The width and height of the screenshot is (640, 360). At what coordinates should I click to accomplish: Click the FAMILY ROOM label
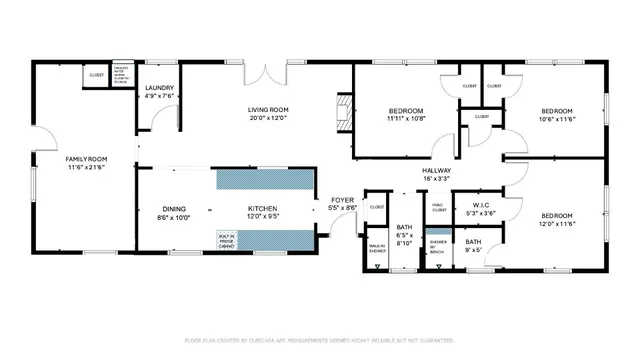point(86,159)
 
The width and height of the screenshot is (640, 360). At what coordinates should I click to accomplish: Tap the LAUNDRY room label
point(160,89)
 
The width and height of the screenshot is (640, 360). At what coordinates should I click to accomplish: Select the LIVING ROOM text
point(269,109)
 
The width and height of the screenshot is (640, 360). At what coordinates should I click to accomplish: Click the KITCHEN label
point(262,209)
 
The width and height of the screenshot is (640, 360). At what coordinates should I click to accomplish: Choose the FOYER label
point(342,200)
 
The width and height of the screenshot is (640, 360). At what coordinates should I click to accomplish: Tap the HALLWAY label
point(436,171)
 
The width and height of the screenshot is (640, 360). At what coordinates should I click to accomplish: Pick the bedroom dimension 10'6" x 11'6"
point(557,118)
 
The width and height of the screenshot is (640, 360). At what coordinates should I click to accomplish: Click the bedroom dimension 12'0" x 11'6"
point(557,224)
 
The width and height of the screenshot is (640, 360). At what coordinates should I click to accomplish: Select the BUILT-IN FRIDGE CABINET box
point(227,239)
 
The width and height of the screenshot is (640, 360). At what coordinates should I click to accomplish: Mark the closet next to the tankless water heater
point(97,75)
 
